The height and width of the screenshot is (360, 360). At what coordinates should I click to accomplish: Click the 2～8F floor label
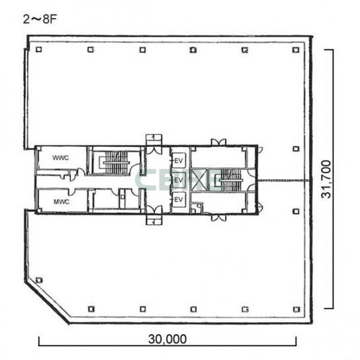tap(40, 19)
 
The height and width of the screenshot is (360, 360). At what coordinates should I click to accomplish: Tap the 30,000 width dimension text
tap(167, 339)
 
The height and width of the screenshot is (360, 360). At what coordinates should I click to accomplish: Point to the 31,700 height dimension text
tap(326, 179)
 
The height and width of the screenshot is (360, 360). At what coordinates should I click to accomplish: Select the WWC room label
tap(61, 157)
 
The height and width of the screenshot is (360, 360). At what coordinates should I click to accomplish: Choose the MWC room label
tap(62, 202)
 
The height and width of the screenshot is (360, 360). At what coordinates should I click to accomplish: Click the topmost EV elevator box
tap(179, 160)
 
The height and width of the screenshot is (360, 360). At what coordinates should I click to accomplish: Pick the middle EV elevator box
tap(179, 180)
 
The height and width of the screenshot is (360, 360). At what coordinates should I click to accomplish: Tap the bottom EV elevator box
tap(179, 199)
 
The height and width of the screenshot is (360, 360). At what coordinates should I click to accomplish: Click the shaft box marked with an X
tap(199, 180)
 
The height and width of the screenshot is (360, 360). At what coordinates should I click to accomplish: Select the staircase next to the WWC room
tap(114, 162)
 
